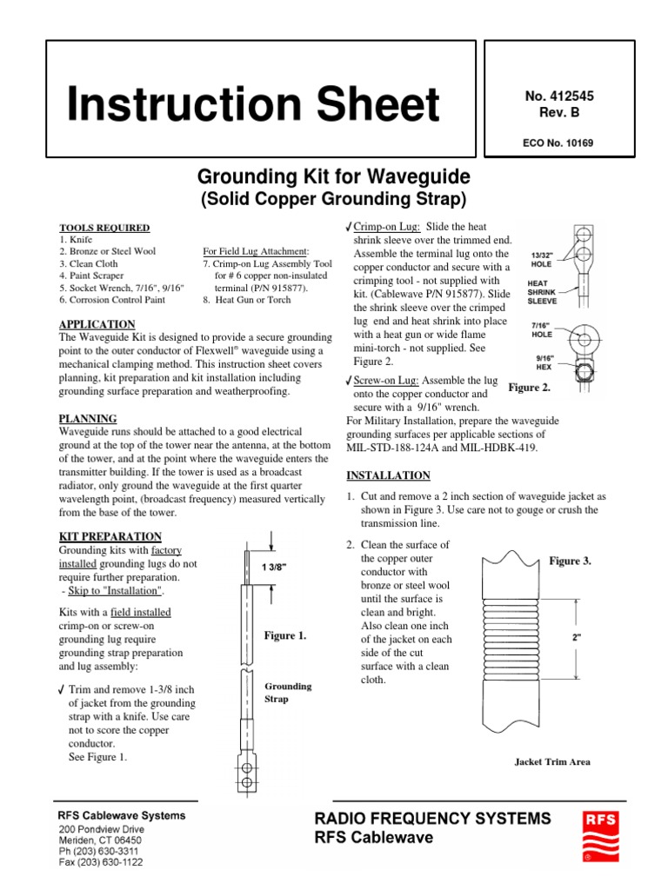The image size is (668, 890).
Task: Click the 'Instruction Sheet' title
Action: pos(254,106)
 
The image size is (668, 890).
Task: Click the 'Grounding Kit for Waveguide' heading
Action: pos(333,178)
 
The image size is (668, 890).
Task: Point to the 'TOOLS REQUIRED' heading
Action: pos(104,228)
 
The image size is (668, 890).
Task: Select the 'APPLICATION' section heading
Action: pos(97,324)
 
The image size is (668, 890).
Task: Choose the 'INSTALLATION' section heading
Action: pos(388,475)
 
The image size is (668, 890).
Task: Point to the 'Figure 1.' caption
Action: pos(285,636)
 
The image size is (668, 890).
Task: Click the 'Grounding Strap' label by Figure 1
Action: pos(288,692)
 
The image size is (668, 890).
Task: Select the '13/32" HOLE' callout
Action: pos(546,262)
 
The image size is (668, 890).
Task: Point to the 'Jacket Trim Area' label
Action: pos(552,761)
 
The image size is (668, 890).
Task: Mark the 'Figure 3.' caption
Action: pos(570,561)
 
